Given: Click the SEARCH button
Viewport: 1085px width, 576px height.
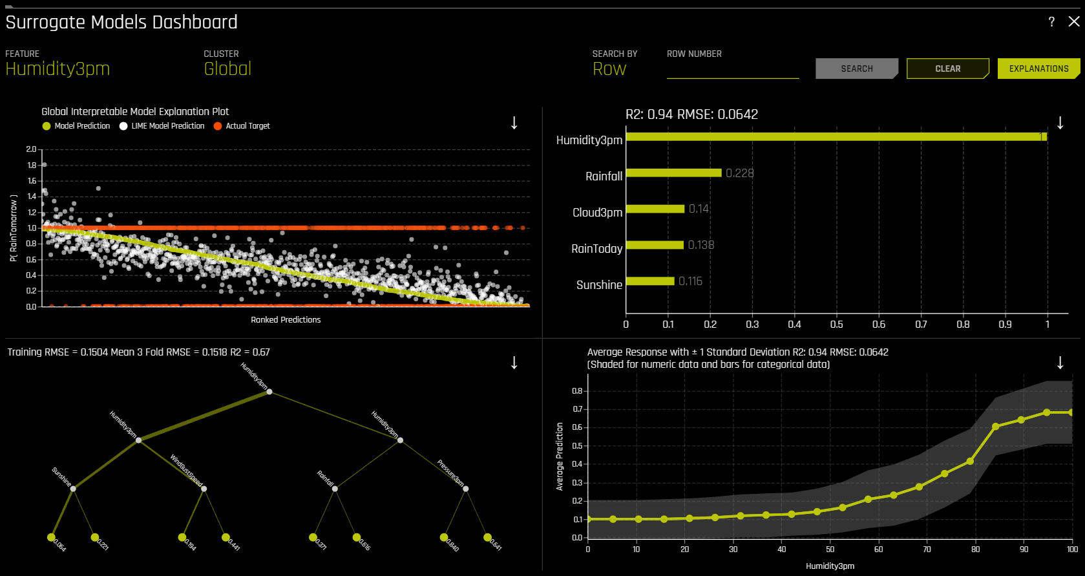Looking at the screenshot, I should [x=856, y=69].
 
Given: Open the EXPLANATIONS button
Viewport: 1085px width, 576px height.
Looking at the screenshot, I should [x=1038, y=69].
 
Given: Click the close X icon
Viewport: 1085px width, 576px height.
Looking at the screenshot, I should [x=1074, y=22].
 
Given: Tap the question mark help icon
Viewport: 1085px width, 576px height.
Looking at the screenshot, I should [x=1051, y=22].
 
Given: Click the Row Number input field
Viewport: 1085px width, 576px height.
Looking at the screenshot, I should [x=732, y=70].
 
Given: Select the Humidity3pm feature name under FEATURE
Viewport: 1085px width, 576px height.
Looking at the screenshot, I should [x=58, y=69].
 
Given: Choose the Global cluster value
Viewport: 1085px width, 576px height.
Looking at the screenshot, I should [x=227, y=69].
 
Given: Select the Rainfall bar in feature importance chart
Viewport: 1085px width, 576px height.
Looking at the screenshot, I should [x=673, y=173].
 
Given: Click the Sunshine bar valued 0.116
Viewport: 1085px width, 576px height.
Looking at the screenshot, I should [x=650, y=281].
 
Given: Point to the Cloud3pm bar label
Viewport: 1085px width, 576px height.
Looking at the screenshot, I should [x=597, y=212].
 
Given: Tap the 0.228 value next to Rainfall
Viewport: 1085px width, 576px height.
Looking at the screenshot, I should [x=739, y=173].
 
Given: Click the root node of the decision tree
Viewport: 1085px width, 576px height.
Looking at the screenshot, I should [x=269, y=392].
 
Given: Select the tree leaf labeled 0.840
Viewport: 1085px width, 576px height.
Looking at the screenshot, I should [x=444, y=537].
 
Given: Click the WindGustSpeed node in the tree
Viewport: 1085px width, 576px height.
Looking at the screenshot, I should [x=204, y=489].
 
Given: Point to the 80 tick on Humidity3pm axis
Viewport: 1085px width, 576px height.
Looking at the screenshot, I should [x=975, y=549].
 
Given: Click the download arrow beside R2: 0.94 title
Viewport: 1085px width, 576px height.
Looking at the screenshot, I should [x=1060, y=123].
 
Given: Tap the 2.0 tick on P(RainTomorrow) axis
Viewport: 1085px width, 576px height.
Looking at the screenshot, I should [x=31, y=149].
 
